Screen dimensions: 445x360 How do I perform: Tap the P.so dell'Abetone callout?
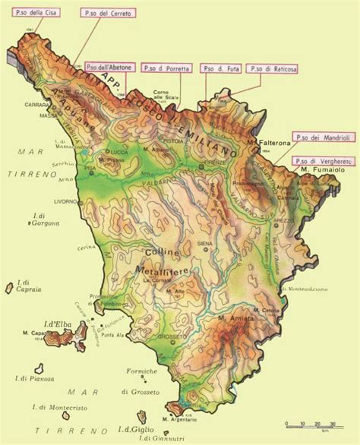(112, 68)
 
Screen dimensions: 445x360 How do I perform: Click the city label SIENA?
(204, 243)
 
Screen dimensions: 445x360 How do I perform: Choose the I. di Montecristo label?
(62, 407)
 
